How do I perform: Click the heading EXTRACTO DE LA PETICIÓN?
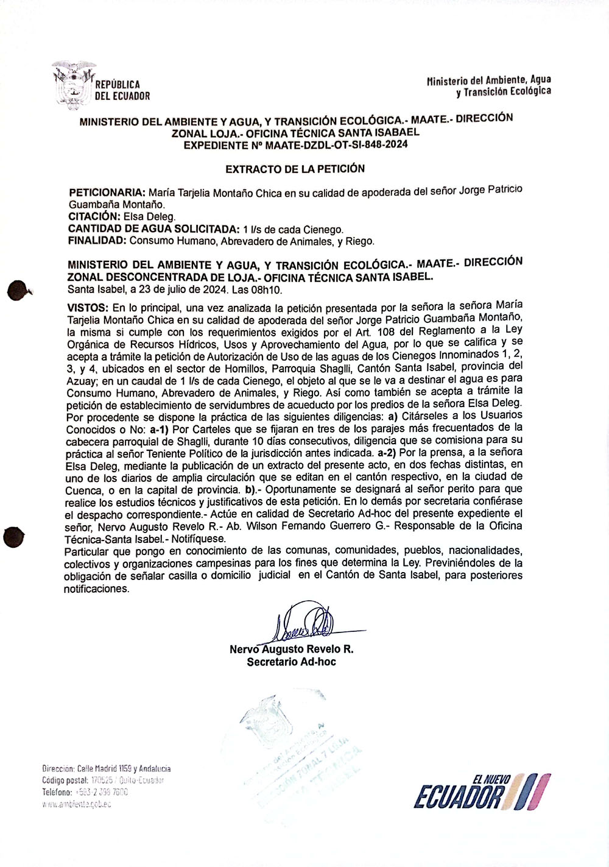[295, 168]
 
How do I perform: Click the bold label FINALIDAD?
[97, 241]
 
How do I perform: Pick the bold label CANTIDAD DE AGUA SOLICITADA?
[154, 229]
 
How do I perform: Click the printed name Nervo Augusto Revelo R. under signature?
[291, 649]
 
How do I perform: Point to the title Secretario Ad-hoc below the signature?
[291, 662]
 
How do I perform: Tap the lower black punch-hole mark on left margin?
[13, 538]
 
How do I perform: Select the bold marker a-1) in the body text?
[161, 429]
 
